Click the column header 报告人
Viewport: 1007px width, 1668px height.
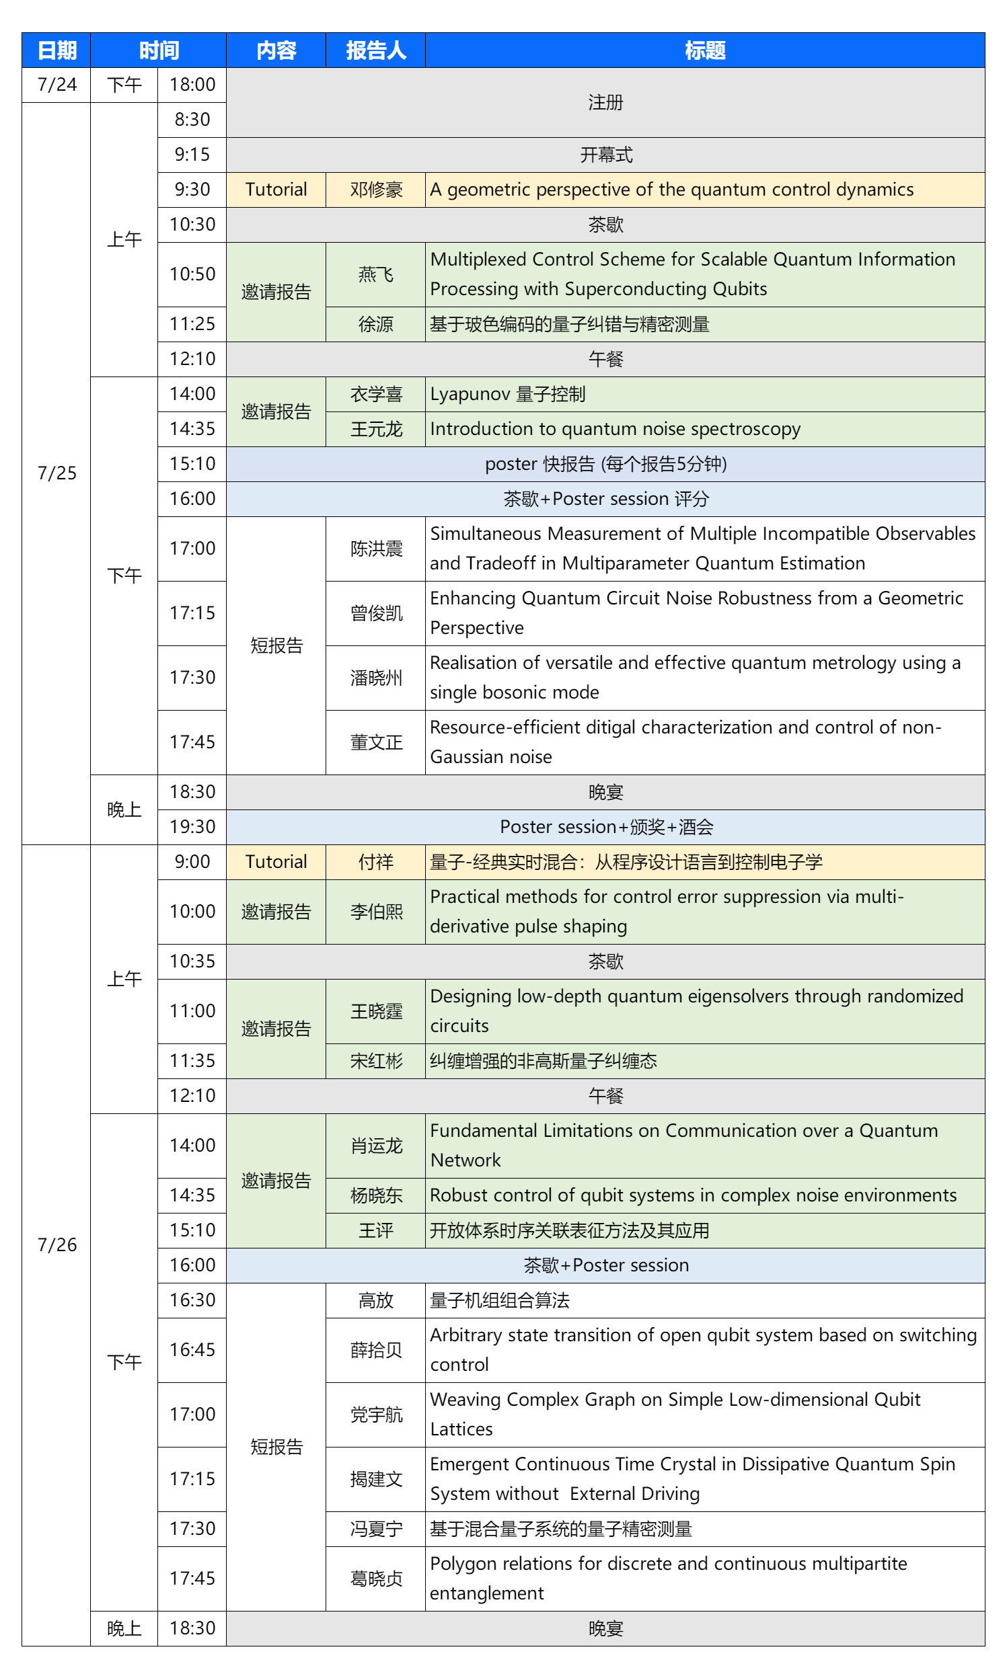click(x=375, y=51)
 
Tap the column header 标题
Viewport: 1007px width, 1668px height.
click(x=704, y=51)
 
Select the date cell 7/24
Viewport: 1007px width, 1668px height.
click(x=57, y=85)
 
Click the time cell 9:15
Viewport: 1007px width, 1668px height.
click(x=192, y=155)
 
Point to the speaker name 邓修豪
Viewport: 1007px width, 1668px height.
click(x=375, y=190)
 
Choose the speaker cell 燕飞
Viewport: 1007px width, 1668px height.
click(x=375, y=274)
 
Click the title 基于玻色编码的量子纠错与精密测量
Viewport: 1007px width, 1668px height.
click(x=569, y=324)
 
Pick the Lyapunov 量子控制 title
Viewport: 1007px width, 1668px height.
click(x=507, y=394)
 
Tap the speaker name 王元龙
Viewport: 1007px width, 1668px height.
click(x=375, y=429)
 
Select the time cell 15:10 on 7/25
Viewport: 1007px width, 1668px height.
click(x=192, y=464)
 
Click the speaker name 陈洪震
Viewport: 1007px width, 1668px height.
click(x=375, y=549)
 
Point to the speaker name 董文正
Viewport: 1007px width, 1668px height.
click(x=375, y=742)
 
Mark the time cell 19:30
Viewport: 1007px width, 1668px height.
click(x=192, y=826)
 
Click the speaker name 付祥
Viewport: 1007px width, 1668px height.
click(x=375, y=862)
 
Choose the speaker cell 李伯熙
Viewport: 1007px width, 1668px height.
click(x=375, y=911)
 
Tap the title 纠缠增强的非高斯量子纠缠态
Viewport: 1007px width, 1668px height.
click(x=543, y=1061)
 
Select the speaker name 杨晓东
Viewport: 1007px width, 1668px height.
click(x=375, y=1195)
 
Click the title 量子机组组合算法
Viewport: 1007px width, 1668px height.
click(x=499, y=1300)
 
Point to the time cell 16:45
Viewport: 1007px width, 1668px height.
click(x=192, y=1350)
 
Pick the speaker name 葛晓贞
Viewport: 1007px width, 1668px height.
click(x=375, y=1578)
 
